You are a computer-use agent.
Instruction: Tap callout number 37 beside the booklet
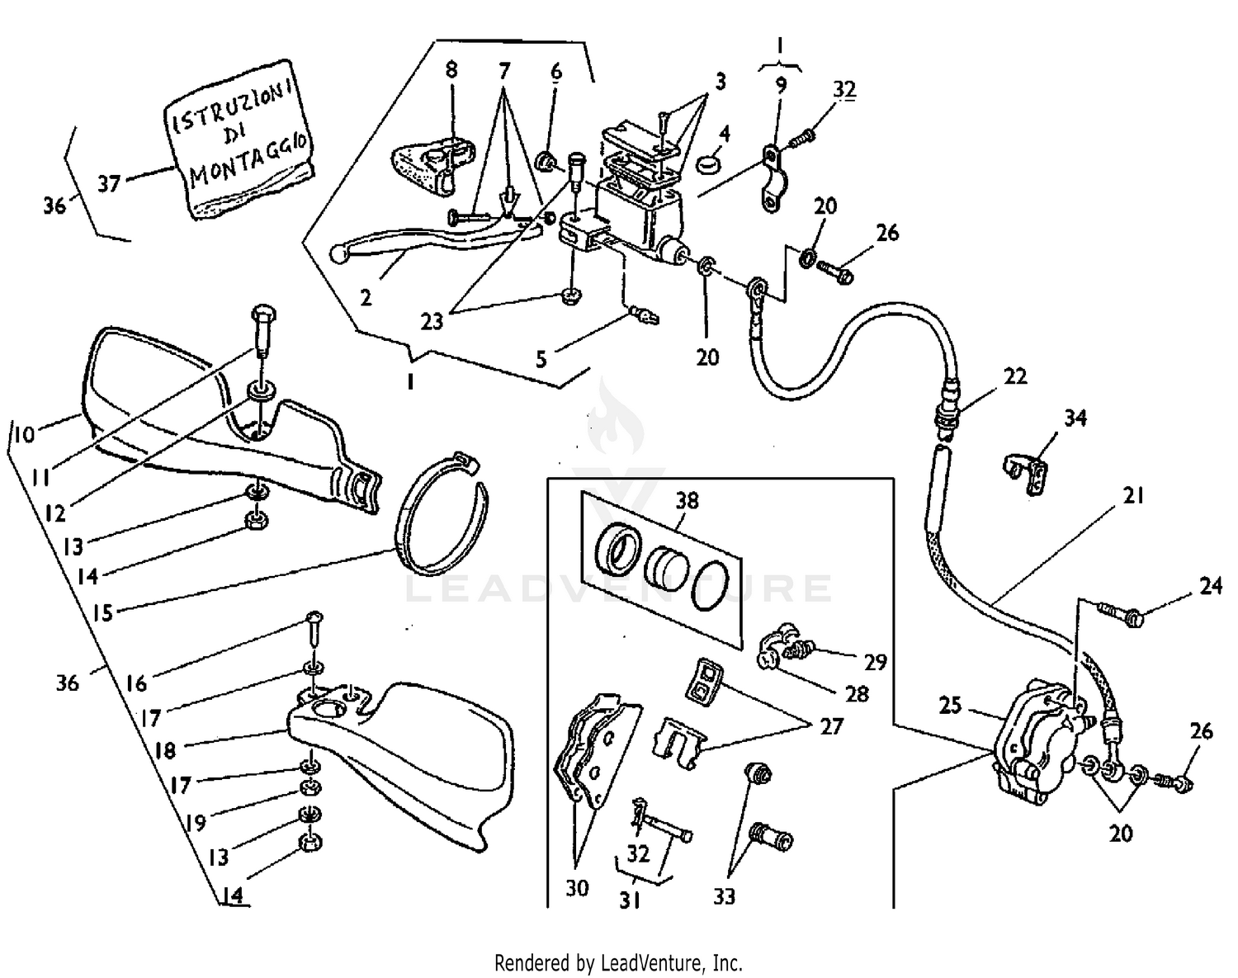pyautogui.click(x=110, y=183)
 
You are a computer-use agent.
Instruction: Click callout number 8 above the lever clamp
pyautogui.click(x=451, y=69)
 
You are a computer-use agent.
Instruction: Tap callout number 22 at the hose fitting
pyautogui.click(x=1014, y=376)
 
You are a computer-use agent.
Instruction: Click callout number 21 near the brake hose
pyautogui.click(x=1133, y=495)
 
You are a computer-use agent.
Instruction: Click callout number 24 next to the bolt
pyautogui.click(x=1210, y=586)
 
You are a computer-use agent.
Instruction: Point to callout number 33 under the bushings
pyautogui.click(x=723, y=895)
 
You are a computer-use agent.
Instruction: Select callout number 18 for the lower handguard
pyautogui.click(x=165, y=750)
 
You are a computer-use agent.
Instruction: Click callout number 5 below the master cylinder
pyautogui.click(x=541, y=358)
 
